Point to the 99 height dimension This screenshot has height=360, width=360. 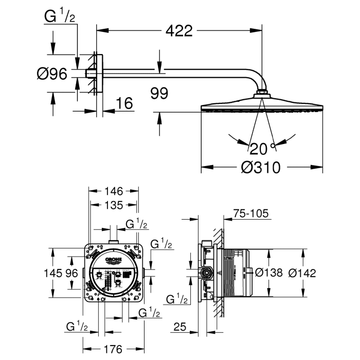(x=159, y=93)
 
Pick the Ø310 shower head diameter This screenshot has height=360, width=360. (x=262, y=167)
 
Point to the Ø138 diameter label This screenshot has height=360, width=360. (x=268, y=273)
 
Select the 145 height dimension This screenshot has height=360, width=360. (x=57, y=273)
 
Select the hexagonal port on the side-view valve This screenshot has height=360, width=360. (x=207, y=273)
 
